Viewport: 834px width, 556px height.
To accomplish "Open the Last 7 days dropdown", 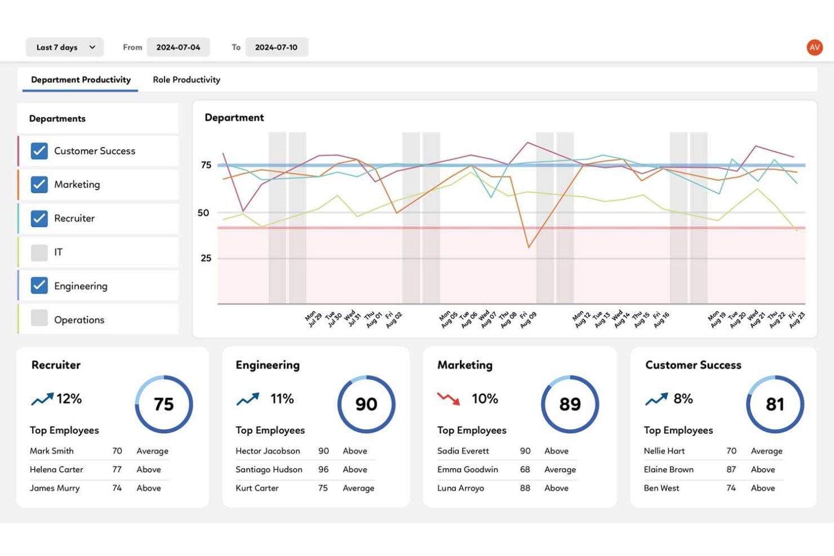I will [65, 47].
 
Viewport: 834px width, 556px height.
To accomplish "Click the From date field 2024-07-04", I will [178, 47].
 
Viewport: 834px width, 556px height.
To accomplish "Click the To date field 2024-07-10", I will [276, 47].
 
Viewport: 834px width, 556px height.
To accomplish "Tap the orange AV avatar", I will [814, 47].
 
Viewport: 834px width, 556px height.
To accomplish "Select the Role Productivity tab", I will [186, 80].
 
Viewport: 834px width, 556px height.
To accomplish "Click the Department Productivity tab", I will [81, 80].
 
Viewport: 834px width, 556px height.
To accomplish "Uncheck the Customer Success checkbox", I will [39, 151].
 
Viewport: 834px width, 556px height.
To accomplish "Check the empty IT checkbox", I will [39, 252].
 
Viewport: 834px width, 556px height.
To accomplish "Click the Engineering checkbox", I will [39, 286].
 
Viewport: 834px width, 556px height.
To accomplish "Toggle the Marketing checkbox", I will [39, 185].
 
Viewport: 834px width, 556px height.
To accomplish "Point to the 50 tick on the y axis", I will [203, 213].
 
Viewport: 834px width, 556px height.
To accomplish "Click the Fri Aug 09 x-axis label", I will [528, 320].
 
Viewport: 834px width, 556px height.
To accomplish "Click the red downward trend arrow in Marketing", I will [449, 399].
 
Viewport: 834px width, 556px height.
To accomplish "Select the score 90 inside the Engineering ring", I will [366, 404].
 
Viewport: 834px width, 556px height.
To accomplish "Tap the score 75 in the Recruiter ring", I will [164, 404].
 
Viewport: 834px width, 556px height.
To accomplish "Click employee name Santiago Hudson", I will [269, 470].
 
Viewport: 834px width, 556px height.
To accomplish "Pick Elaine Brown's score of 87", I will [731, 470].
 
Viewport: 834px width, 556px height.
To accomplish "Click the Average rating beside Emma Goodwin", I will [560, 470].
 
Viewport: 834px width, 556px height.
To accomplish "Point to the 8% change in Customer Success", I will [683, 399].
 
